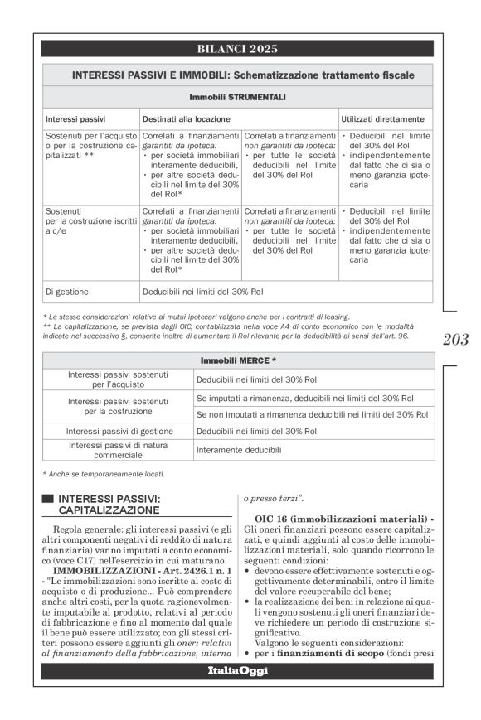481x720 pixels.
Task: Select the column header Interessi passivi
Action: [x=75, y=118]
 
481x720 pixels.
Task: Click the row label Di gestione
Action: [x=67, y=292]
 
